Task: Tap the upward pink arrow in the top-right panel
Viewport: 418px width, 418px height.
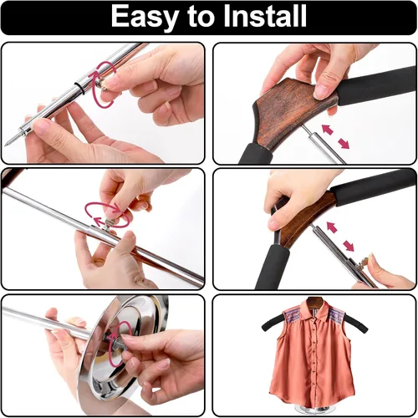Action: pyautogui.click(x=327, y=130)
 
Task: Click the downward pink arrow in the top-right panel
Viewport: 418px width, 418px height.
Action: pyautogui.click(x=344, y=144)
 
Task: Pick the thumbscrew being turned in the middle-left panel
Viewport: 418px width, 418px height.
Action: pyautogui.click(x=109, y=224)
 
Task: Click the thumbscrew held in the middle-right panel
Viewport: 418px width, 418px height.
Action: pyautogui.click(x=364, y=263)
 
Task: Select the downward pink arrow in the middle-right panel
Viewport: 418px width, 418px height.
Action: pyautogui.click(x=349, y=246)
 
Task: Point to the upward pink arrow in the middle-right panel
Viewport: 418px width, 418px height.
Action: pyautogui.click(x=332, y=227)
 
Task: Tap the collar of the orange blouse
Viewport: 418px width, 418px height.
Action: pyautogui.click(x=314, y=308)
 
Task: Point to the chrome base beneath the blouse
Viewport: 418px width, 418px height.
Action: pyautogui.click(x=315, y=410)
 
